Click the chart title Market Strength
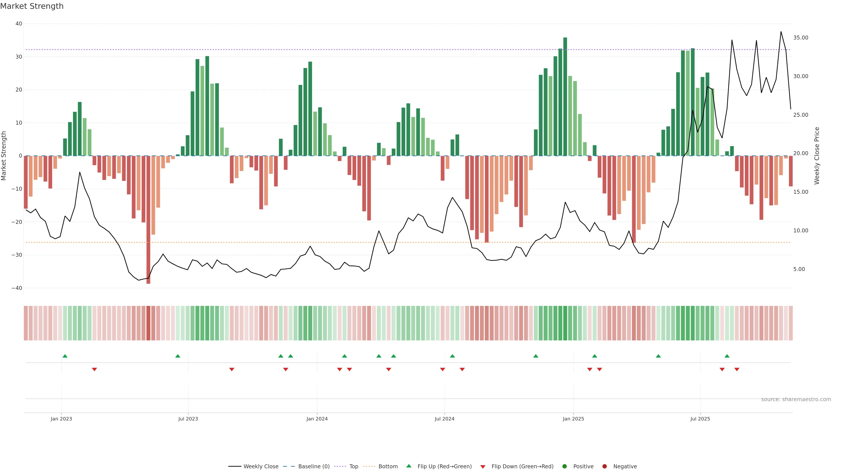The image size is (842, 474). coord(32,6)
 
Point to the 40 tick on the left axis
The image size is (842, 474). coord(19,23)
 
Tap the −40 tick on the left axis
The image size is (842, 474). coord(17,288)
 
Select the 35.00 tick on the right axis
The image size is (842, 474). coord(801,38)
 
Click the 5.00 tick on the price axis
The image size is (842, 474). coord(799,269)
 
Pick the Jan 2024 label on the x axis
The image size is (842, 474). coord(317,419)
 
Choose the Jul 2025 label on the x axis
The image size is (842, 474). coord(700,419)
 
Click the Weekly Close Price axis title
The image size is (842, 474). coord(817,156)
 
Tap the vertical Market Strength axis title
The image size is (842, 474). coord(4,156)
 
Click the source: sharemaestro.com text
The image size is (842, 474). coord(796,399)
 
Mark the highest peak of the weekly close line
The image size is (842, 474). coord(781,32)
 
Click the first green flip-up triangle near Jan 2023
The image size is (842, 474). coord(65,356)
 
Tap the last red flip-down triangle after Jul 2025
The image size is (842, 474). coord(737,369)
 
